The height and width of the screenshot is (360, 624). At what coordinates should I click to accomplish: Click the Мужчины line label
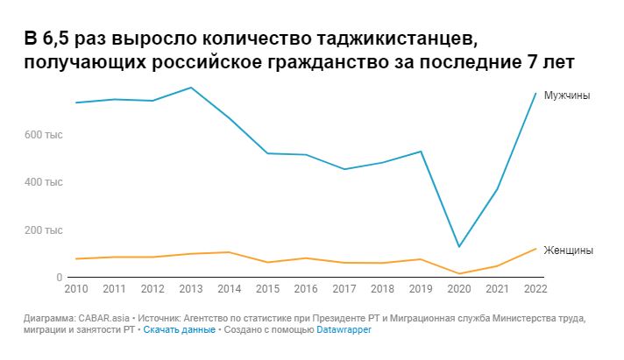tap(567, 95)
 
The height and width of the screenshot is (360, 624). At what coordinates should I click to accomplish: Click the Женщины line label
tap(568, 251)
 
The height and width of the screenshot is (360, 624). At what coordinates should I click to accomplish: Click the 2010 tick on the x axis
tap(76, 288)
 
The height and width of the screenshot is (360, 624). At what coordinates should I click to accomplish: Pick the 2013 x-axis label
tap(191, 288)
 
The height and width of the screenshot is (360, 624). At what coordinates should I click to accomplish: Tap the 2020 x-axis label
tap(458, 288)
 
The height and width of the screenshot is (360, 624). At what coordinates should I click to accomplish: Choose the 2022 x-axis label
tap(535, 288)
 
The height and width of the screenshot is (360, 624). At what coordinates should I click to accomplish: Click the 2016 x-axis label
tap(306, 288)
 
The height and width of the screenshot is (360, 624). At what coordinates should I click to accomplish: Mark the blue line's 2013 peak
tap(191, 88)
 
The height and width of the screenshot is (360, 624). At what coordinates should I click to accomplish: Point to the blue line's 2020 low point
tap(458, 247)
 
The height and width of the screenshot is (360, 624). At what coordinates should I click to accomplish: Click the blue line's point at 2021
tap(497, 189)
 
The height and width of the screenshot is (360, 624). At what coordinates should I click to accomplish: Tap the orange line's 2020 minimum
tap(458, 274)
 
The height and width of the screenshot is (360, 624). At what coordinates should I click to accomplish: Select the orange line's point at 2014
tap(229, 252)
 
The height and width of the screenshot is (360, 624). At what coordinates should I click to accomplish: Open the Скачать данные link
tap(179, 330)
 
